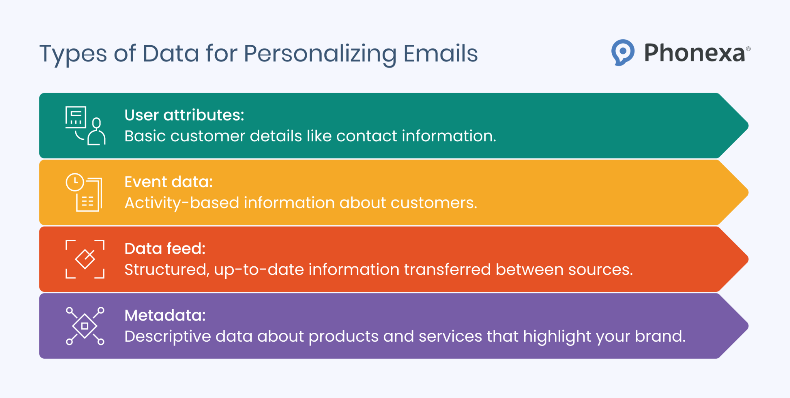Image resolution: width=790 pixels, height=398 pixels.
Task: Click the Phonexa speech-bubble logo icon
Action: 623,52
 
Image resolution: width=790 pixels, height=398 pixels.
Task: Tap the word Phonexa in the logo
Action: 694,53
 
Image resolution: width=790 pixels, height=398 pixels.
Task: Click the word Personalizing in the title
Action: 320,54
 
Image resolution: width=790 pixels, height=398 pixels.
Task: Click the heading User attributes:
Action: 184,115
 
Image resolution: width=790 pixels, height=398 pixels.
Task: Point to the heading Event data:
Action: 169,182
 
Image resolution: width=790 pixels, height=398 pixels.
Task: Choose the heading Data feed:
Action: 165,249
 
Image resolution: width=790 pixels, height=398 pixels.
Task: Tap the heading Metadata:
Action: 165,315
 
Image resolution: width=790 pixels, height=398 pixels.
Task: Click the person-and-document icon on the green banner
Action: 85,126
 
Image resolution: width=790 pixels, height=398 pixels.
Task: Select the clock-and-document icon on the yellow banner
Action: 84,192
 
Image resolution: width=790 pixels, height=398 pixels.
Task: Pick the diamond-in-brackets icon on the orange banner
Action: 85,259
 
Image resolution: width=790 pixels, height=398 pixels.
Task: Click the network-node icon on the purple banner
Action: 85,326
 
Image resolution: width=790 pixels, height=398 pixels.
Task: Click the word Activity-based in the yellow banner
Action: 182,203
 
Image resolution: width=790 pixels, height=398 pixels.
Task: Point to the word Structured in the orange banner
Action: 166,269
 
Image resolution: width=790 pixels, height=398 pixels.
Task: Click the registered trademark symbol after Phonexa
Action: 748,49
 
